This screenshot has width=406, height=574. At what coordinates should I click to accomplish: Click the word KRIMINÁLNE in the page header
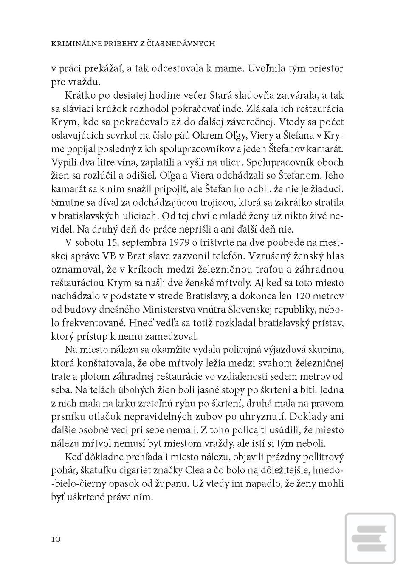[x=72, y=43]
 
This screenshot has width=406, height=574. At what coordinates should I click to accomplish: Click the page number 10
[x=56, y=539]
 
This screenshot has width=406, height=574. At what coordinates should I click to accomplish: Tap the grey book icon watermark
[x=371, y=538]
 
